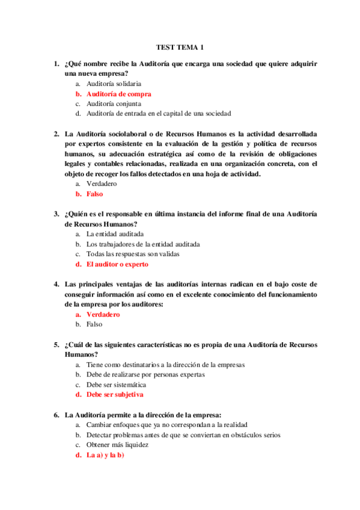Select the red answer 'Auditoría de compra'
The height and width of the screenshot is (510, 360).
(118, 94)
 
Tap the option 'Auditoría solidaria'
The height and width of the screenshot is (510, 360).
(114, 84)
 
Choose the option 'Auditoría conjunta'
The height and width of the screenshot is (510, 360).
(114, 103)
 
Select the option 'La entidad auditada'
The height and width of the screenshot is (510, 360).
(115, 234)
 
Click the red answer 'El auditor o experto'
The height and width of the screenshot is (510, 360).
(117, 264)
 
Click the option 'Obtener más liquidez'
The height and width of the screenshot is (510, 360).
(117, 444)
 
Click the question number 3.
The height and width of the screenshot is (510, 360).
(56, 214)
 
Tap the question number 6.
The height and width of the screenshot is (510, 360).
(56, 414)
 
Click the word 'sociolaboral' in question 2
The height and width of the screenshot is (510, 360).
(132, 134)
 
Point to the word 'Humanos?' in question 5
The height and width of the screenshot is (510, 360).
(81, 354)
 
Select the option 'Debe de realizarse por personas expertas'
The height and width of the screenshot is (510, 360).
(145, 374)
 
